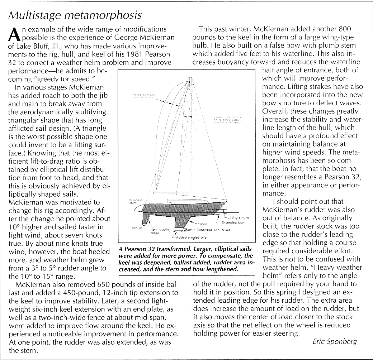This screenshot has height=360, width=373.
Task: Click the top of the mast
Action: (x=187, y=77)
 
